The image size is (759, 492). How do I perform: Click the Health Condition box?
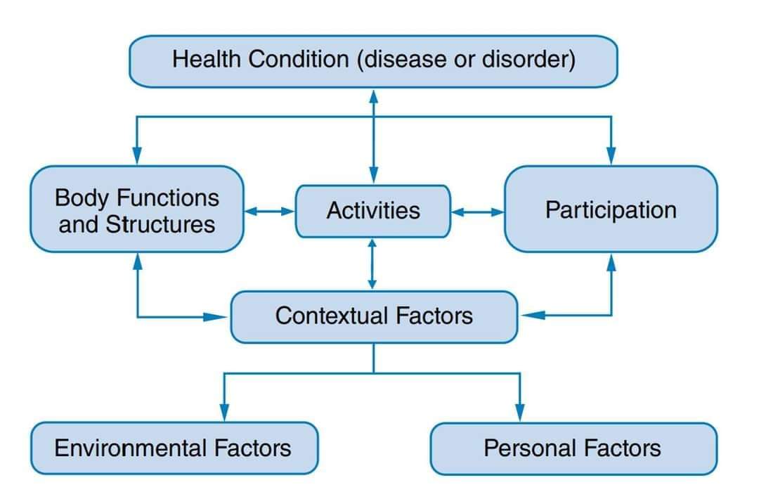tap(373, 60)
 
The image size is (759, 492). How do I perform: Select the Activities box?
tap(372, 211)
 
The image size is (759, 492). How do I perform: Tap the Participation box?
tap(611, 209)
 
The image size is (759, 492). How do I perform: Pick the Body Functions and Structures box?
tap(137, 209)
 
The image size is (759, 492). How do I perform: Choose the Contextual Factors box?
tap(374, 316)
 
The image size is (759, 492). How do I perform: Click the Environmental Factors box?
tap(174, 448)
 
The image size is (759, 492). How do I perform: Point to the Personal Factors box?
tap(573, 448)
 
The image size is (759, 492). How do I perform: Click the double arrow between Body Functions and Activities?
tap(270, 210)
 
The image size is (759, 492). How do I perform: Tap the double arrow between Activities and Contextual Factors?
tap(372, 264)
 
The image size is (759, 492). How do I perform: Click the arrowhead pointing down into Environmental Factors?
tap(224, 413)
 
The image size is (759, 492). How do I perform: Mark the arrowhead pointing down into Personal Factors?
tap(520, 413)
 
